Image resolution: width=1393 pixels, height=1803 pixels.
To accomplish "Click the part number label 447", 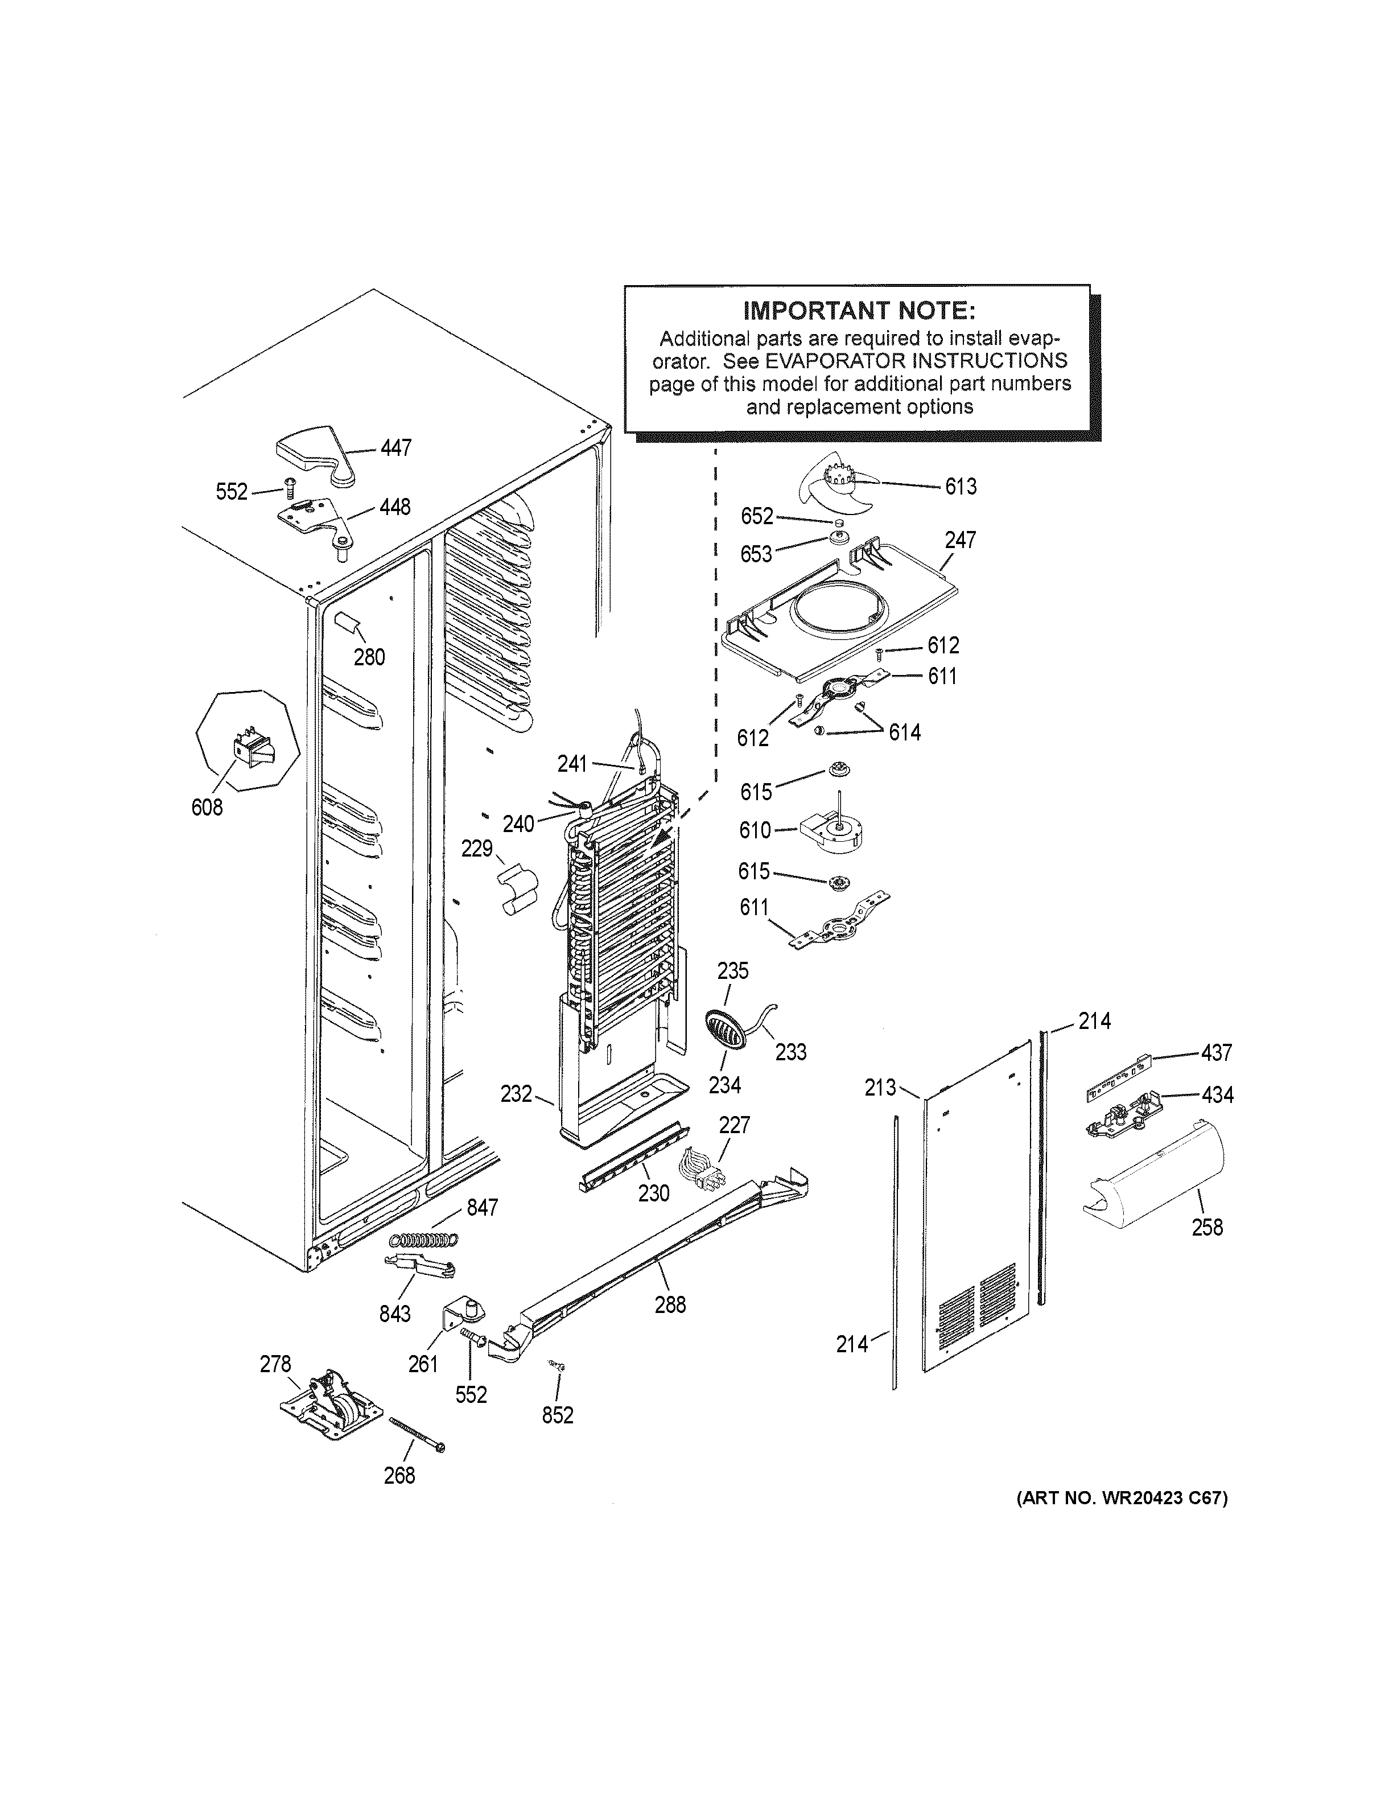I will pyautogui.click(x=395, y=448).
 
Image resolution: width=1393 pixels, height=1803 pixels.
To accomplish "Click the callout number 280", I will pyautogui.click(x=369, y=657).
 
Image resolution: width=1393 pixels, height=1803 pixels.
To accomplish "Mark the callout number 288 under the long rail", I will pyautogui.click(x=670, y=1304).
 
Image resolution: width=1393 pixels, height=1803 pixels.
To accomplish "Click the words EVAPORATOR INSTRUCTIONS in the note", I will pyautogui.click(x=916, y=361).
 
